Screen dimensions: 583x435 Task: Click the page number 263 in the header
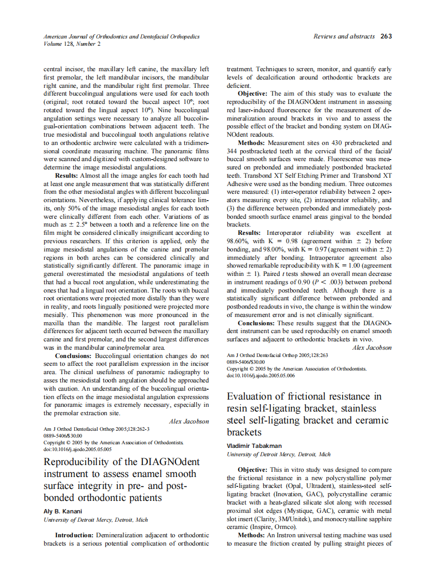(386, 36)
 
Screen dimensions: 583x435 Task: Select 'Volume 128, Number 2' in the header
(72, 44)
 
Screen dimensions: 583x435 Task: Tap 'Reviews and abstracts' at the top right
(344, 36)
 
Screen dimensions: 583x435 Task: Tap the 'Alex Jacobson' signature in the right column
(372, 348)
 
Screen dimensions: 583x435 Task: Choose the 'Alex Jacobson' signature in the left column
(189, 421)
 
